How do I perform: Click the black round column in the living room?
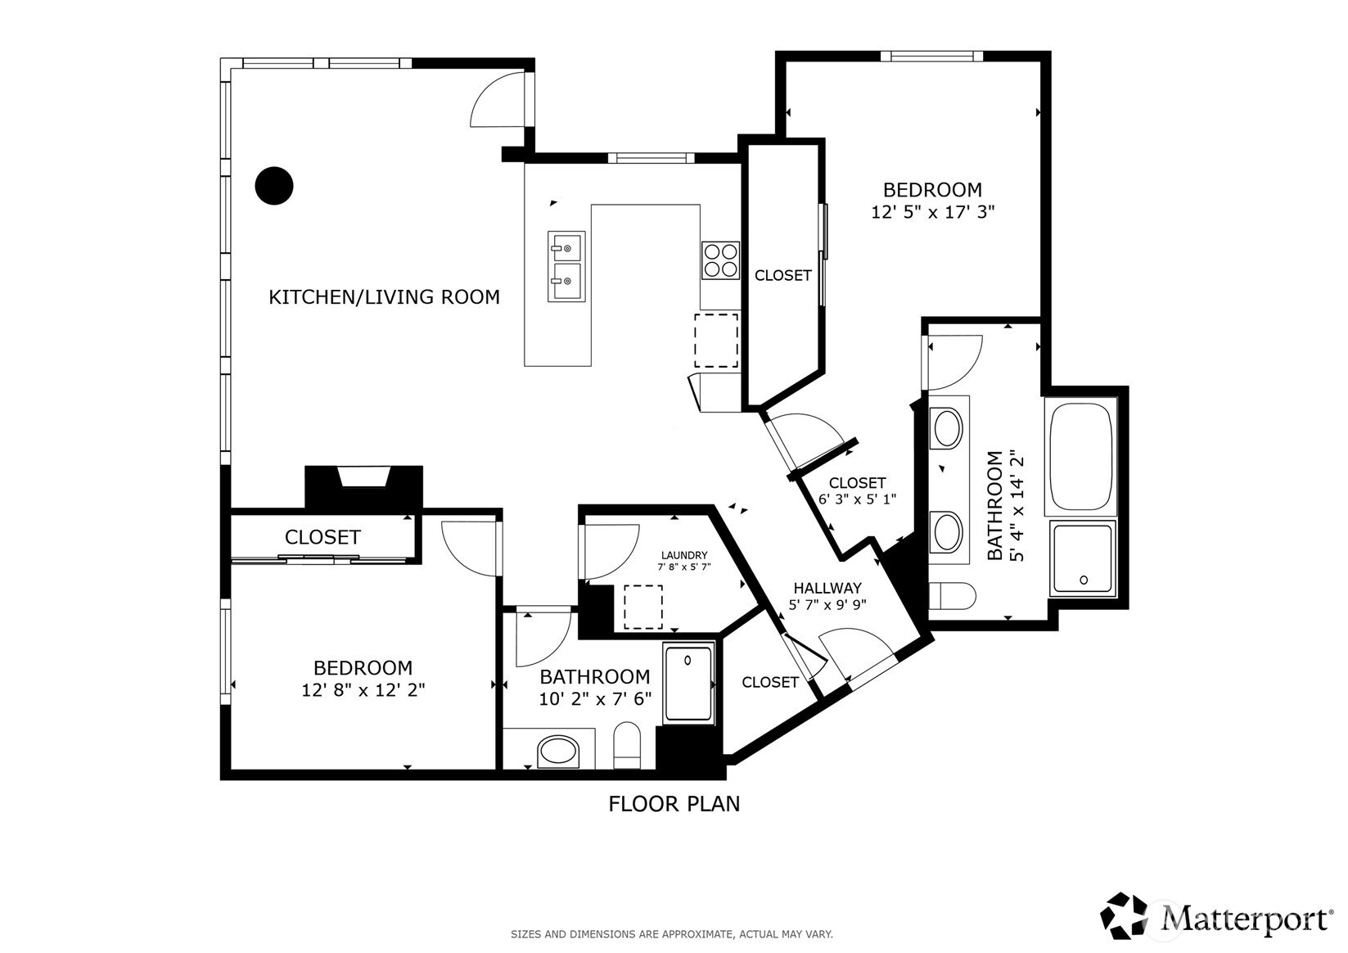[x=274, y=186]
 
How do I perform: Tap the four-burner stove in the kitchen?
[x=720, y=260]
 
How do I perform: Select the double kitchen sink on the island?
[x=566, y=266]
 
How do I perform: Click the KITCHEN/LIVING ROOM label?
[x=384, y=297]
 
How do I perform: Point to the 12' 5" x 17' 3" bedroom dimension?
[x=933, y=213]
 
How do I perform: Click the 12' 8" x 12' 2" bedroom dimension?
[x=363, y=690]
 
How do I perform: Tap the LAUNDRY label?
[x=684, y=555]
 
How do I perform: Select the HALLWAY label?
[x=827, y=588]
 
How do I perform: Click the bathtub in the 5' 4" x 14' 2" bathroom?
[x=1081, y=456]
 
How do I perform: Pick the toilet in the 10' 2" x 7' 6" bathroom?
[x=627, y=745]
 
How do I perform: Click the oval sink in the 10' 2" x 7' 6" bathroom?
[x=558, y=752]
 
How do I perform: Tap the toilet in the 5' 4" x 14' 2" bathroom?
[x=952, y=596]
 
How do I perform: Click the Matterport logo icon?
[x=1125, y=915]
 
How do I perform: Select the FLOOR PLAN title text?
[x=674, y=804]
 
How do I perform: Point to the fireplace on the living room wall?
[x=364, y=487]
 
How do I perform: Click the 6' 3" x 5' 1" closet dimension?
[x=858, y=499]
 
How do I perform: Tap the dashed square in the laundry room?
[x=643, y=607]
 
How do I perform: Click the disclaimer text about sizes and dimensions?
[x=672, y=934]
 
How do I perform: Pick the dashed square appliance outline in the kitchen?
[x=716, y=340]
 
